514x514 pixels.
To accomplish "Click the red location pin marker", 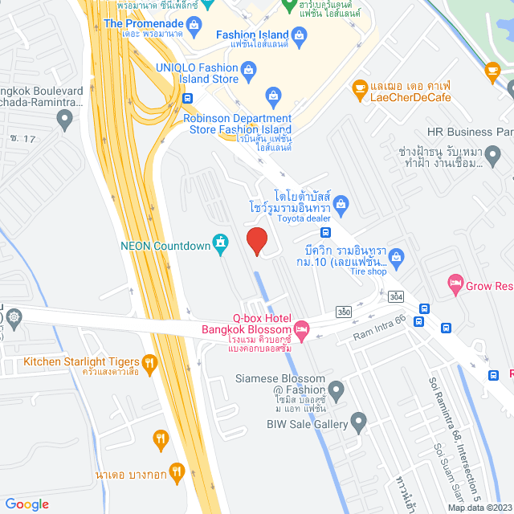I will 256,241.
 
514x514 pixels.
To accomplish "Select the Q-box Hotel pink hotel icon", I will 302,328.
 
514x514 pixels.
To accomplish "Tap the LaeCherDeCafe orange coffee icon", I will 360,87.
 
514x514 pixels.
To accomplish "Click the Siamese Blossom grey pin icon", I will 337,391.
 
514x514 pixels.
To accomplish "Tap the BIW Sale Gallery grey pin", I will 358,422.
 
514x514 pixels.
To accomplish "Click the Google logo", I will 27,504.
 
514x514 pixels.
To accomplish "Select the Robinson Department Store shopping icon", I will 273,99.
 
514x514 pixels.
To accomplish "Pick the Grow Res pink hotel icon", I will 455,284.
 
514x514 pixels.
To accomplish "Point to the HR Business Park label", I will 470,132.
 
